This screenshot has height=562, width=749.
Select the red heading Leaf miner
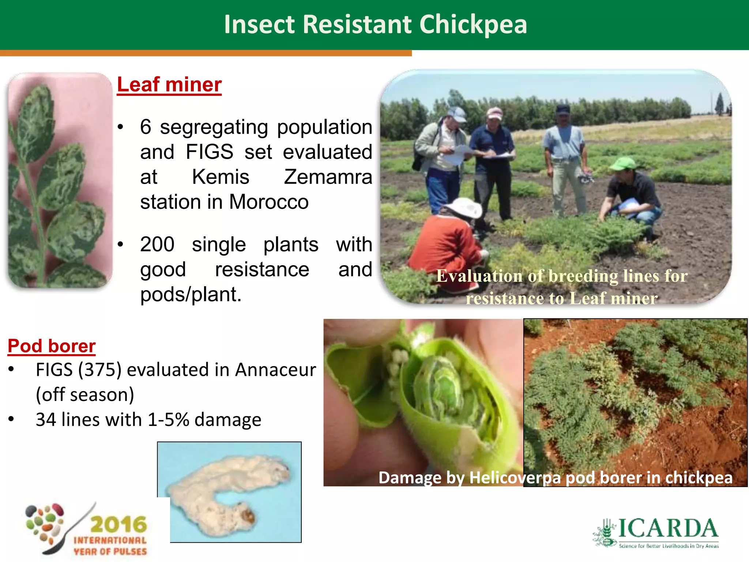(169, 85)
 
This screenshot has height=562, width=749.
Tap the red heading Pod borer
(52, 346)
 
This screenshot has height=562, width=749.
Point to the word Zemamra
(328, 177)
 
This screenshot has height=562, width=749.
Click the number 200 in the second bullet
(157, 244)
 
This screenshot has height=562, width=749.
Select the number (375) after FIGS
(99, 370)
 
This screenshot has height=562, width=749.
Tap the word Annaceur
(275, 370)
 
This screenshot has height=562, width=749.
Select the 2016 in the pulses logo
(118, 525)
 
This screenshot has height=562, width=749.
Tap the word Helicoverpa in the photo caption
(515, 478)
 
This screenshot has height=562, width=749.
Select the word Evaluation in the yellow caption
(479, 276)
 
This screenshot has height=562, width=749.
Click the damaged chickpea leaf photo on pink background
(60, 180)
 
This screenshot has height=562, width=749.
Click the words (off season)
(85, 395)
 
